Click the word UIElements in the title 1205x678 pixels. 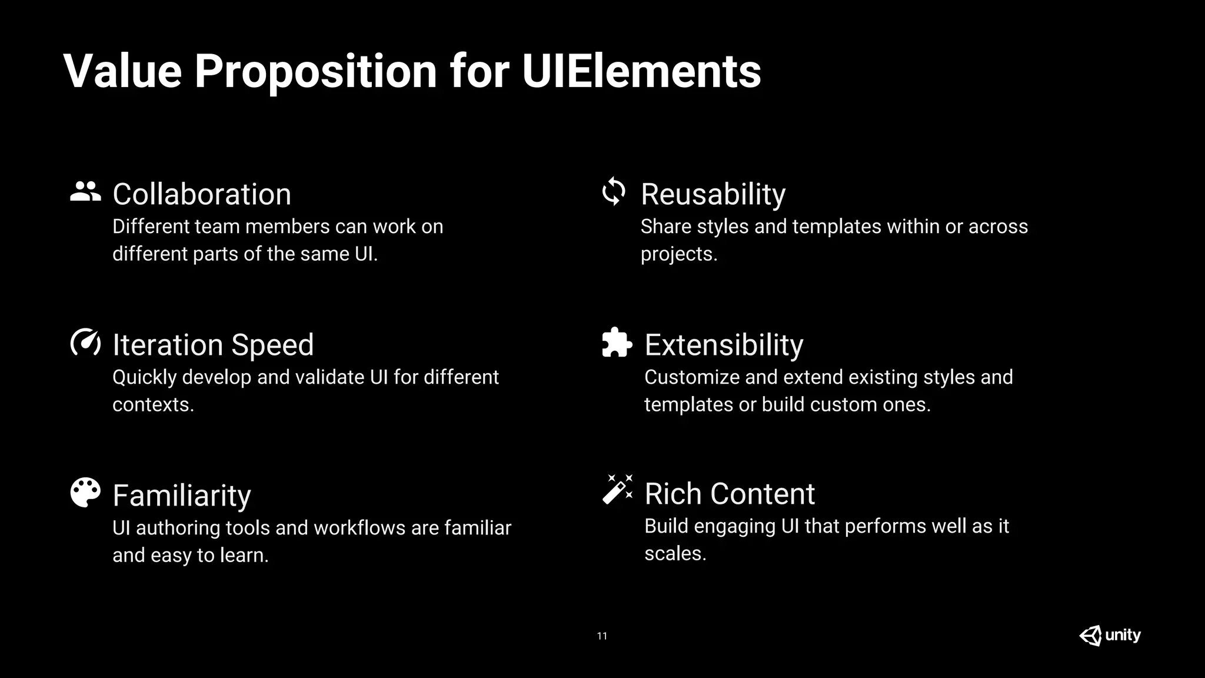point(641,71)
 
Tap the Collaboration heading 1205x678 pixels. point(202,194)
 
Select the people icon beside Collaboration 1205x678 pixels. point(85,192)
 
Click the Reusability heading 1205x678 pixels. point(713,194)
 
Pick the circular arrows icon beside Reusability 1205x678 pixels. point(614,191)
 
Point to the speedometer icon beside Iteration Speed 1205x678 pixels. point(85,343)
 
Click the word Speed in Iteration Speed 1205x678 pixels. point(272,345)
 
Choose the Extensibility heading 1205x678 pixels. point(724,345)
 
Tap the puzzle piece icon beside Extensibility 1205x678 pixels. point(617,343)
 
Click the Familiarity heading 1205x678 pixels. point(182,496)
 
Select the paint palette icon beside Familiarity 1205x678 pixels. point(85,493)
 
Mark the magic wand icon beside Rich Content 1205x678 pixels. point(617,490)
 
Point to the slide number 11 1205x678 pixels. point(602,636)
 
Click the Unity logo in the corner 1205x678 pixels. point(1110,636)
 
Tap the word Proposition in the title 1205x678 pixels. point(315,71)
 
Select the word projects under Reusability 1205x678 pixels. point(678,254)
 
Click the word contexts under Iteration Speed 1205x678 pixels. point(152,405)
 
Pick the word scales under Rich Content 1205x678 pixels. point(675,554)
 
